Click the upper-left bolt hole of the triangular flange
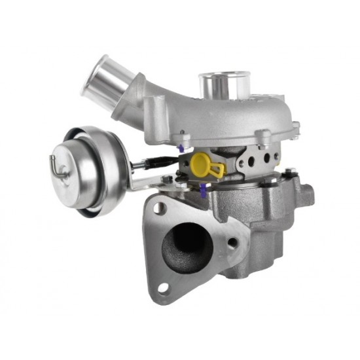point(158,209)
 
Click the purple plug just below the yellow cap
point(204,189)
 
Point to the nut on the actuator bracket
point(168,179)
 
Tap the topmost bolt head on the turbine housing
point(289,172)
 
